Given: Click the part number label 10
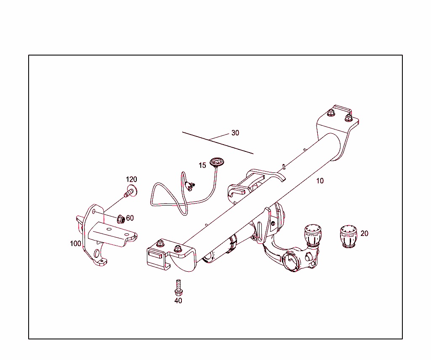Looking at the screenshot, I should [320, 181].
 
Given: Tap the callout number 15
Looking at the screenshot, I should [202, 165].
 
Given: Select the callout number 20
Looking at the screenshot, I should [364, 233].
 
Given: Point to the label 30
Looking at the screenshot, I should [235, 133].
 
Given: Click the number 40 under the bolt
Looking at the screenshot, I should [178, 301].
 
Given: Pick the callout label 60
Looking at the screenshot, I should [130, 218].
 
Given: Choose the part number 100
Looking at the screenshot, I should [75, 244].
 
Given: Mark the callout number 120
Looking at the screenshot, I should [131, 180].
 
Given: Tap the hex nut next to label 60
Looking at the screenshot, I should [120, 219].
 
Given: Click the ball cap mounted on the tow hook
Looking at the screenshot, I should [312, 234].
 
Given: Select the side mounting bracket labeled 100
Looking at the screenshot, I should [101, 236].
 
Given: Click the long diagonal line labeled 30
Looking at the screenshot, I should [217, 143].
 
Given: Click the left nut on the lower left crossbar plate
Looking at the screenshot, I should [160, 244].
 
